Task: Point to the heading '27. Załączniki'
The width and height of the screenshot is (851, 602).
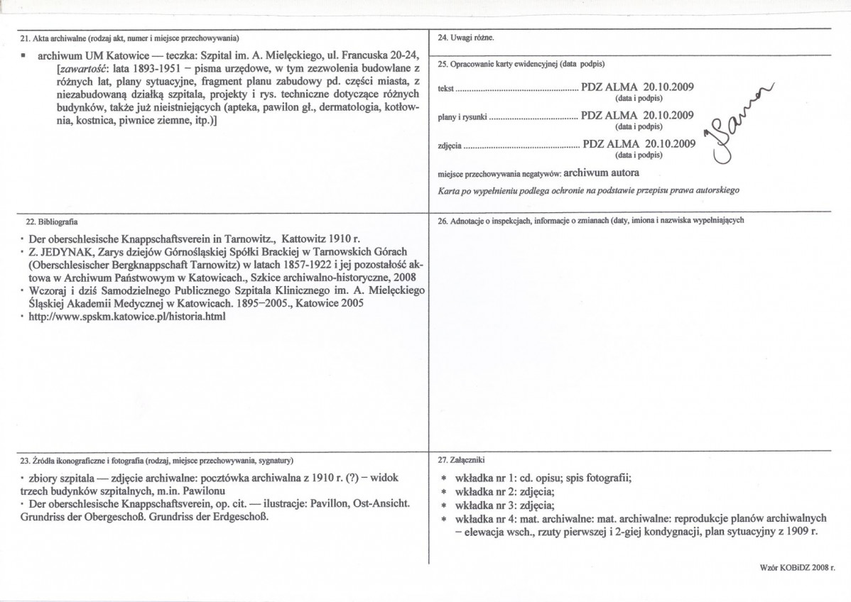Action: click(x=462, y=460)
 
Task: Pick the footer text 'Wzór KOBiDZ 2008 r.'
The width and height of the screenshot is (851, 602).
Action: click(x=796, y=568)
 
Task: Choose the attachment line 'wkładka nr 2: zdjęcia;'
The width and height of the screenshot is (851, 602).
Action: click(x=501, y=491)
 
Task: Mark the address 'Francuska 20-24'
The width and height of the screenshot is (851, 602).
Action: click(x=384, y=55)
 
